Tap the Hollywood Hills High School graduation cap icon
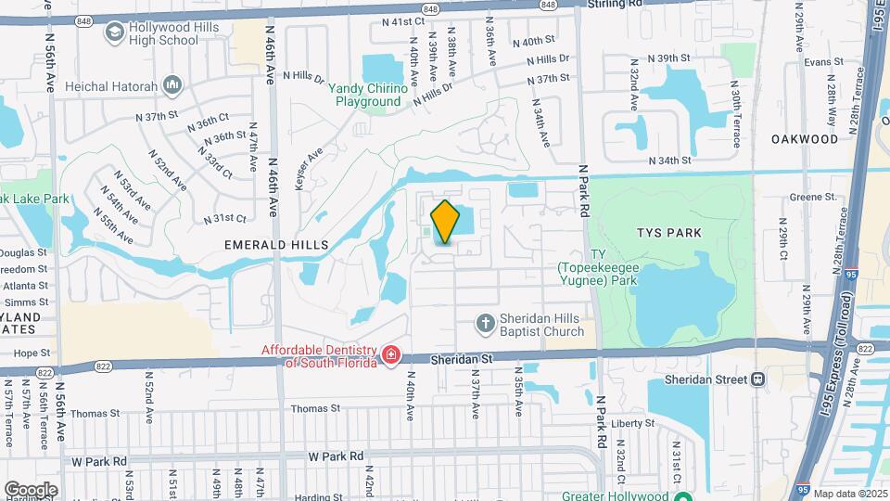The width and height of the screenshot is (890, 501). click(114, 34)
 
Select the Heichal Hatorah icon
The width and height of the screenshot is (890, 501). click(172, 86)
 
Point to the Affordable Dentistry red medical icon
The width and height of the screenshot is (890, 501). click(391, 354)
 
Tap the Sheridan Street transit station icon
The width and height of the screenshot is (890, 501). click(757, 379)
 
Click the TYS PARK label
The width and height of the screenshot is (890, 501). click(670, 232)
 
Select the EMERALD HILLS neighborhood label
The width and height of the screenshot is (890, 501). click(276, 244)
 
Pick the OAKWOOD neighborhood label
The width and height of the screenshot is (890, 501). click(805, 139)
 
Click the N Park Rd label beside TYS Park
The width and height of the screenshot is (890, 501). click(584, 191)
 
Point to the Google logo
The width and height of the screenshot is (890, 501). click(31, 489)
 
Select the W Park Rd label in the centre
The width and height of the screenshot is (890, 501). click(336, 456)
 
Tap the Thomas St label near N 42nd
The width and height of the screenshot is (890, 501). click(316, 408)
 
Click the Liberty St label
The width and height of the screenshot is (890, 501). click(633, 423)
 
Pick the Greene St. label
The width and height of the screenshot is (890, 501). click(813, 197)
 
